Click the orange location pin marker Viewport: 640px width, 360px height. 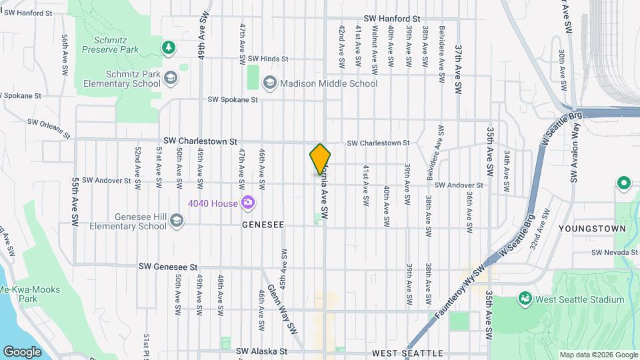[320, 159]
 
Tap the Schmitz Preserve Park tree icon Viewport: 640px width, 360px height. [169, 47]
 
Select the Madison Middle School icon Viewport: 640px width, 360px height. [270, 83]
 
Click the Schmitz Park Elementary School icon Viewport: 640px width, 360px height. [170, 78]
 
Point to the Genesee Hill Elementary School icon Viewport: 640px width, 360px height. [177, 221]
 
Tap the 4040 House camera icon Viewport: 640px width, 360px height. [248, 202]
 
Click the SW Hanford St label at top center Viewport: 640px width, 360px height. [392, 19]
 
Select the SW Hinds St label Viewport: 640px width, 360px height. [265, 59]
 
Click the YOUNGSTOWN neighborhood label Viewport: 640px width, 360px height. [593, 229]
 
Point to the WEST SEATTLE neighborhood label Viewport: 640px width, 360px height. [407, 353]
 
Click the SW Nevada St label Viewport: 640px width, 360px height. [615, 253]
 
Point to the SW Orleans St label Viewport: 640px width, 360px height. [49, 127]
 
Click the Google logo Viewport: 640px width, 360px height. [22, 351]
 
